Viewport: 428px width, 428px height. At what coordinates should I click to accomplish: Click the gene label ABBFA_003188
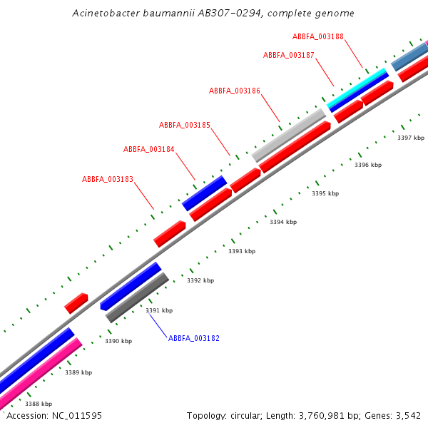(317, 36)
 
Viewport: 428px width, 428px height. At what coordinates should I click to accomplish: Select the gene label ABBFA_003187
(288, 55)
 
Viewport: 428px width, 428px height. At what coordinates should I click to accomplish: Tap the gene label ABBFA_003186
(234, 91)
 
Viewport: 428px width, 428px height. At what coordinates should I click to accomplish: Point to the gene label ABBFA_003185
(184, 125)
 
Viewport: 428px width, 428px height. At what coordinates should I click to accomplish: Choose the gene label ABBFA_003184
(148, 149)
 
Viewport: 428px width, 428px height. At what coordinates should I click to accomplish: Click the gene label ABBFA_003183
(107, 179)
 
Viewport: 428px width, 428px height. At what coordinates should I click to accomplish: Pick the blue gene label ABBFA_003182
(193, 337)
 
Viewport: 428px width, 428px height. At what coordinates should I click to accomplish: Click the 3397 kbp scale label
(410, 138)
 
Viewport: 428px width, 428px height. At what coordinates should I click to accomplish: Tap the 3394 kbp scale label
(282, 222)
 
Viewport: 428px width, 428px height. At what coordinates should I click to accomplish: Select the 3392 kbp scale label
(200, 280)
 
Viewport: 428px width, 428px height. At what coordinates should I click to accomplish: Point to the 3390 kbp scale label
(118, 341)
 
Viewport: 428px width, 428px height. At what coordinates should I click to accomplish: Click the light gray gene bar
(289, 135)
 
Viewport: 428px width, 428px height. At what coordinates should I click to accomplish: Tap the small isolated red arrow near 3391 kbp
(76, 303)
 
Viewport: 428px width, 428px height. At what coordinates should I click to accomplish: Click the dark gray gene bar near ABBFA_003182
(137, 297)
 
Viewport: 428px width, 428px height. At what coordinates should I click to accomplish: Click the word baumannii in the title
(157, 14)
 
